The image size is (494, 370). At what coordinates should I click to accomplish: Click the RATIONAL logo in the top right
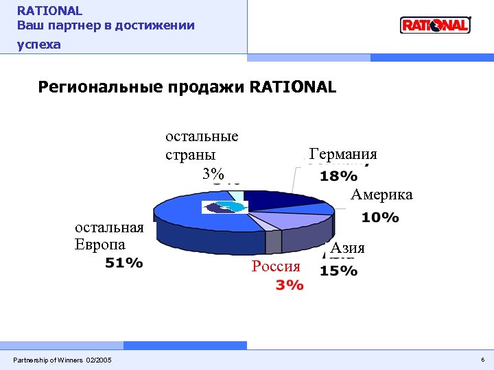click(x=435, y=25)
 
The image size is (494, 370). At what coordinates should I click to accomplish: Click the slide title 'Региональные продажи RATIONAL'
click(x=187, y=88)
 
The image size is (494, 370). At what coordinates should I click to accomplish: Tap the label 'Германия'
click(x=343, y=154)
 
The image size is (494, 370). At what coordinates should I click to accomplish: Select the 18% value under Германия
click(x=338, y=176)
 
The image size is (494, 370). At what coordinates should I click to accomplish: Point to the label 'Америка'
click(x=381, y=195)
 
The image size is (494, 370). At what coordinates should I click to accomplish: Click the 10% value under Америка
click(x=380, y=218)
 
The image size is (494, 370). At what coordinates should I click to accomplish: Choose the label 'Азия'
click(x=347, y=248)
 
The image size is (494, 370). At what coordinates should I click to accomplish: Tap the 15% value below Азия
click(x=338, y=271)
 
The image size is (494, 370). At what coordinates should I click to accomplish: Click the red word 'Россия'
click(x=276, y=267)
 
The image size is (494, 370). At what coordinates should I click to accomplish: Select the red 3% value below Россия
click(x=289, y=285)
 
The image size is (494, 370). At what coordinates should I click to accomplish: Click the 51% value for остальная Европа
click(x=124, y=262)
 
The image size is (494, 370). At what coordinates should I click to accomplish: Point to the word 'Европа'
click(x=100, y=245)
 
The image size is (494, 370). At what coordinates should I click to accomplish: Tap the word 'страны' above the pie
click(x=190, y=154)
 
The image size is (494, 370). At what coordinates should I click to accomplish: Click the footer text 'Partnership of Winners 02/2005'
click(x=62, y=360)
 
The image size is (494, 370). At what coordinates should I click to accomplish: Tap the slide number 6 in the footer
click(x=482, y=360)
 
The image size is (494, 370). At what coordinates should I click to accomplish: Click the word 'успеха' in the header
click(x=39, y=45)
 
